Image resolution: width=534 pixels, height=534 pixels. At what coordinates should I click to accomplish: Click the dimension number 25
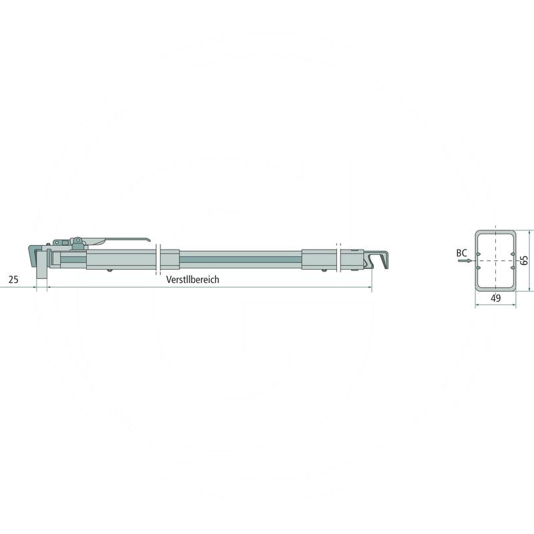13,280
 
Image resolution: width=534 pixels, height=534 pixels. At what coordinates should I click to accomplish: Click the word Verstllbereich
193,280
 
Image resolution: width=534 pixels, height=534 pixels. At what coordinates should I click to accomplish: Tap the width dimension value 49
496,298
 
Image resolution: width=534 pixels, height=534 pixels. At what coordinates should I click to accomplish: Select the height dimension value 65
525,260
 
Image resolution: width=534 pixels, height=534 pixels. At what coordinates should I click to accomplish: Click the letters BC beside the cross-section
461,253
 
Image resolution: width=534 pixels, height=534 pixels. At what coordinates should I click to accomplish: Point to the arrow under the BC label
465,261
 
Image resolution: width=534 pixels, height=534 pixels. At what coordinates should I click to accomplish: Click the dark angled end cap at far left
33,256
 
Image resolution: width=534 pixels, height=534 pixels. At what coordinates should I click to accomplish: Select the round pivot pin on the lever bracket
78,240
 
